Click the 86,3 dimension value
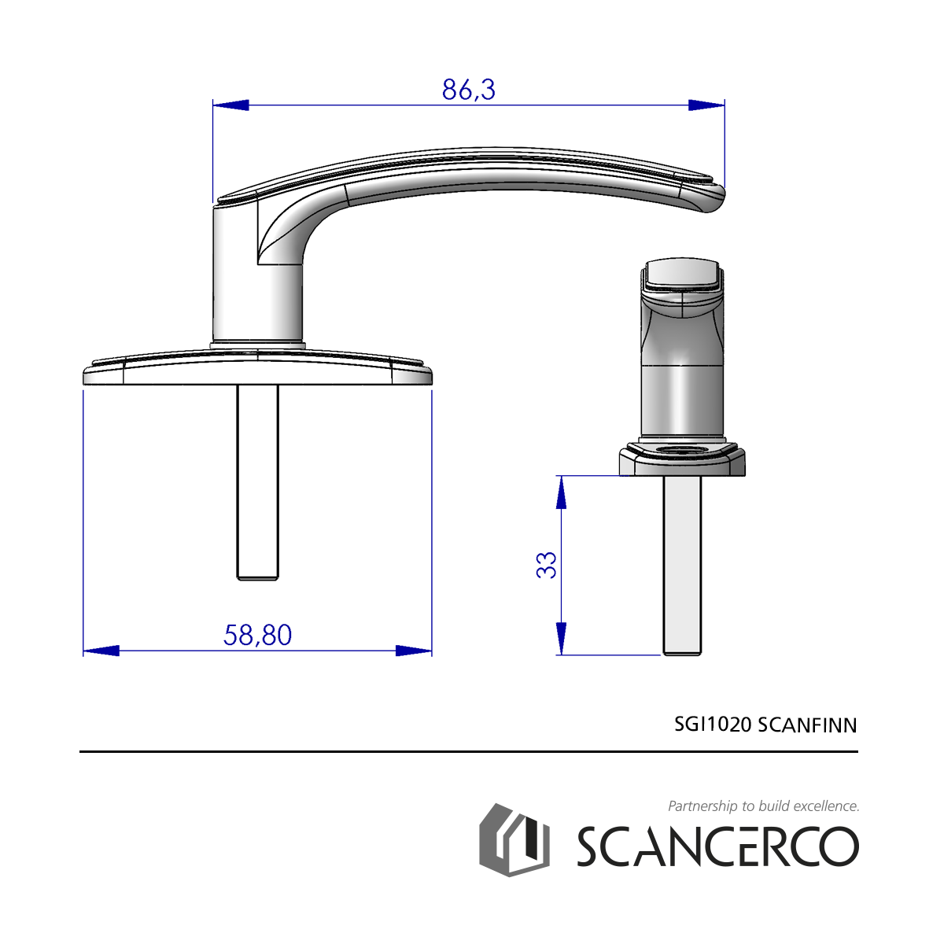[468, 90]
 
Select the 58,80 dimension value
[257, 636]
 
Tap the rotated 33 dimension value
[546, 566]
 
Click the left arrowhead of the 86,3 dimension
[230, 105]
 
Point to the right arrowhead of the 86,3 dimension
[706, 105]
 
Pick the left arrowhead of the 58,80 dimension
[101, 651]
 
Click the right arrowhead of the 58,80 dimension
[414, 651]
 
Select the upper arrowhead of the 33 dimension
[562, 492]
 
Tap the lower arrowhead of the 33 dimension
[562, 638]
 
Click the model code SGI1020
[712, 725]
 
